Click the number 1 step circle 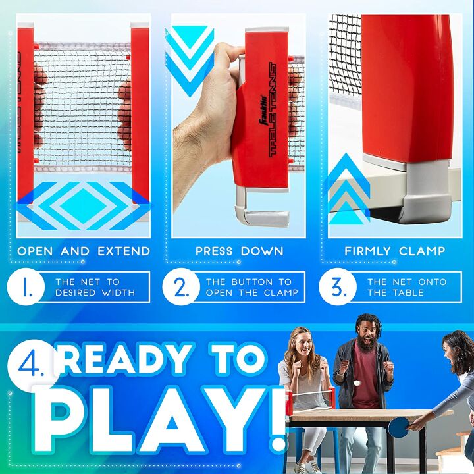[26, 286]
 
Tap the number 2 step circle [181, 286]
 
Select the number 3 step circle [338, 286]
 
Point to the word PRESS [214, 251]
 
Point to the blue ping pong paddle [398, 427]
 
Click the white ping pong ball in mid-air [357, 383]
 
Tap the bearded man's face [367, 334]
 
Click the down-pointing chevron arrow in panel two [190, 61]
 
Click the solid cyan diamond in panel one [84, 205]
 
